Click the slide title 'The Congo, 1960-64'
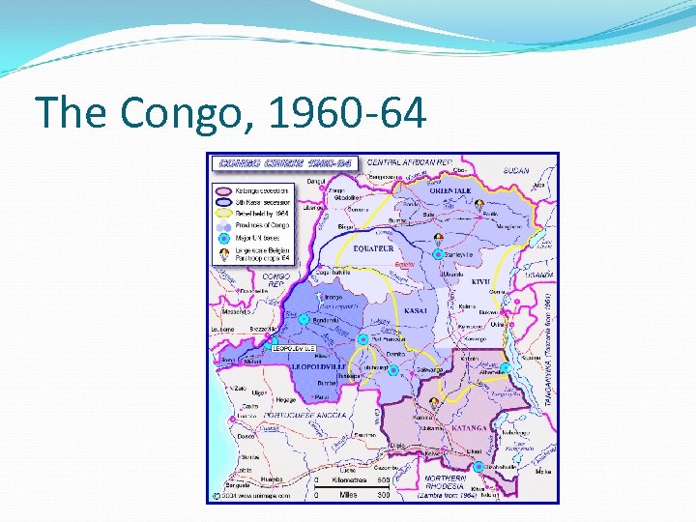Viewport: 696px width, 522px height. (230, 114)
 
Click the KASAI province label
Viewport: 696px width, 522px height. (417, 311)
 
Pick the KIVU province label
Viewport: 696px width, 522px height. (480, 282)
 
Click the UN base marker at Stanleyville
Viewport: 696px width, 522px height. (438, 254)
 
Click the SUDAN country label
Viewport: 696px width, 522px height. (516, 171)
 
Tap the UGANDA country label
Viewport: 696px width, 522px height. (537, 275)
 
